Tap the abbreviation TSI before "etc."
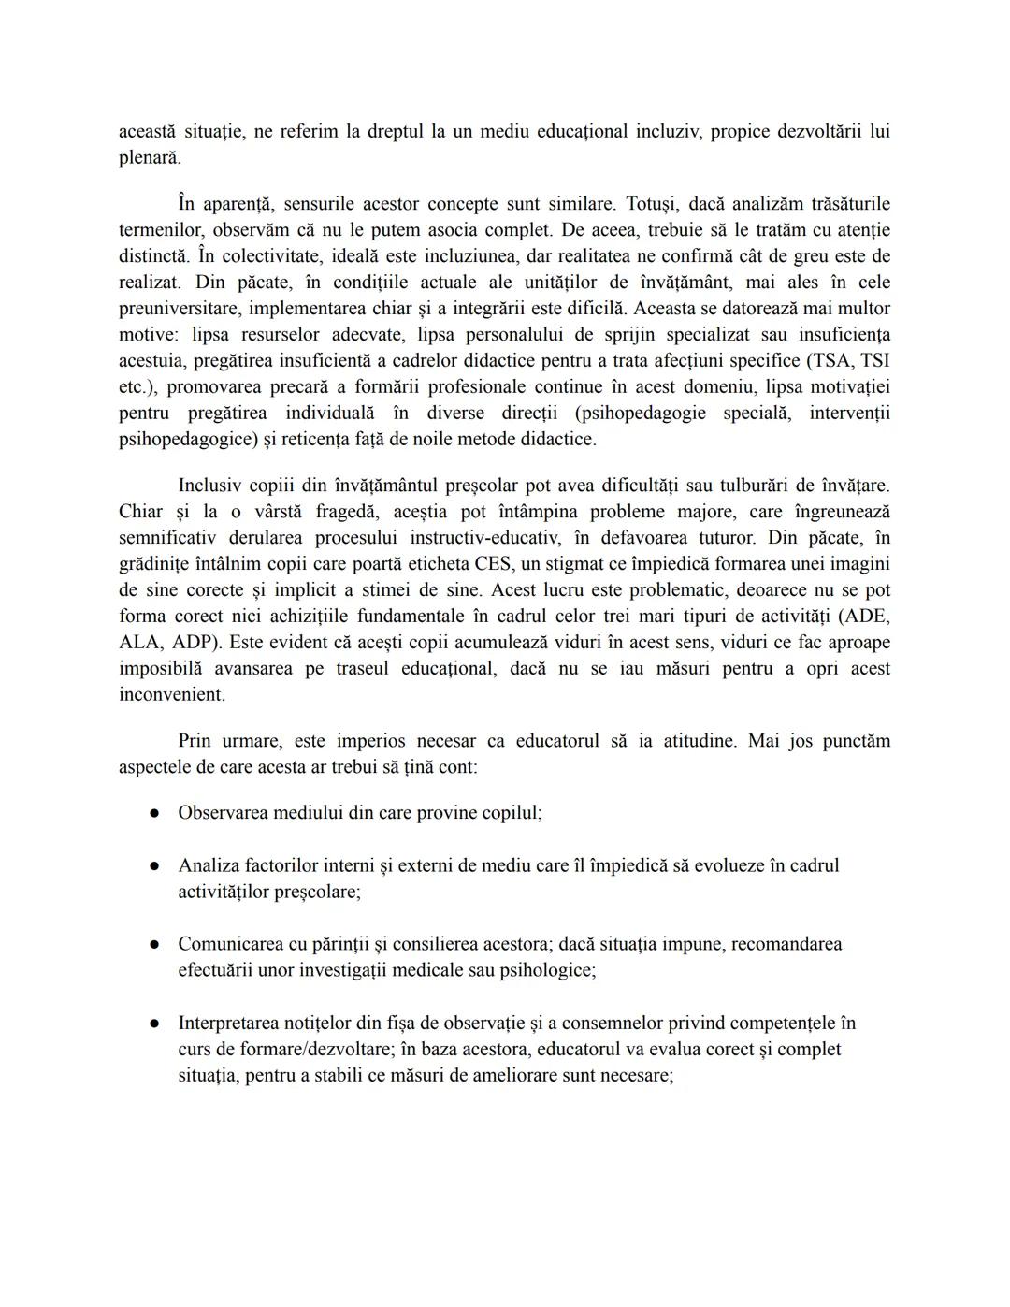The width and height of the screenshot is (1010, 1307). (874, 361)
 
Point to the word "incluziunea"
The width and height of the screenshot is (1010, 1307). (473, 256)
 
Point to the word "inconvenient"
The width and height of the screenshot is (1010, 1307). (171, 695)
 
